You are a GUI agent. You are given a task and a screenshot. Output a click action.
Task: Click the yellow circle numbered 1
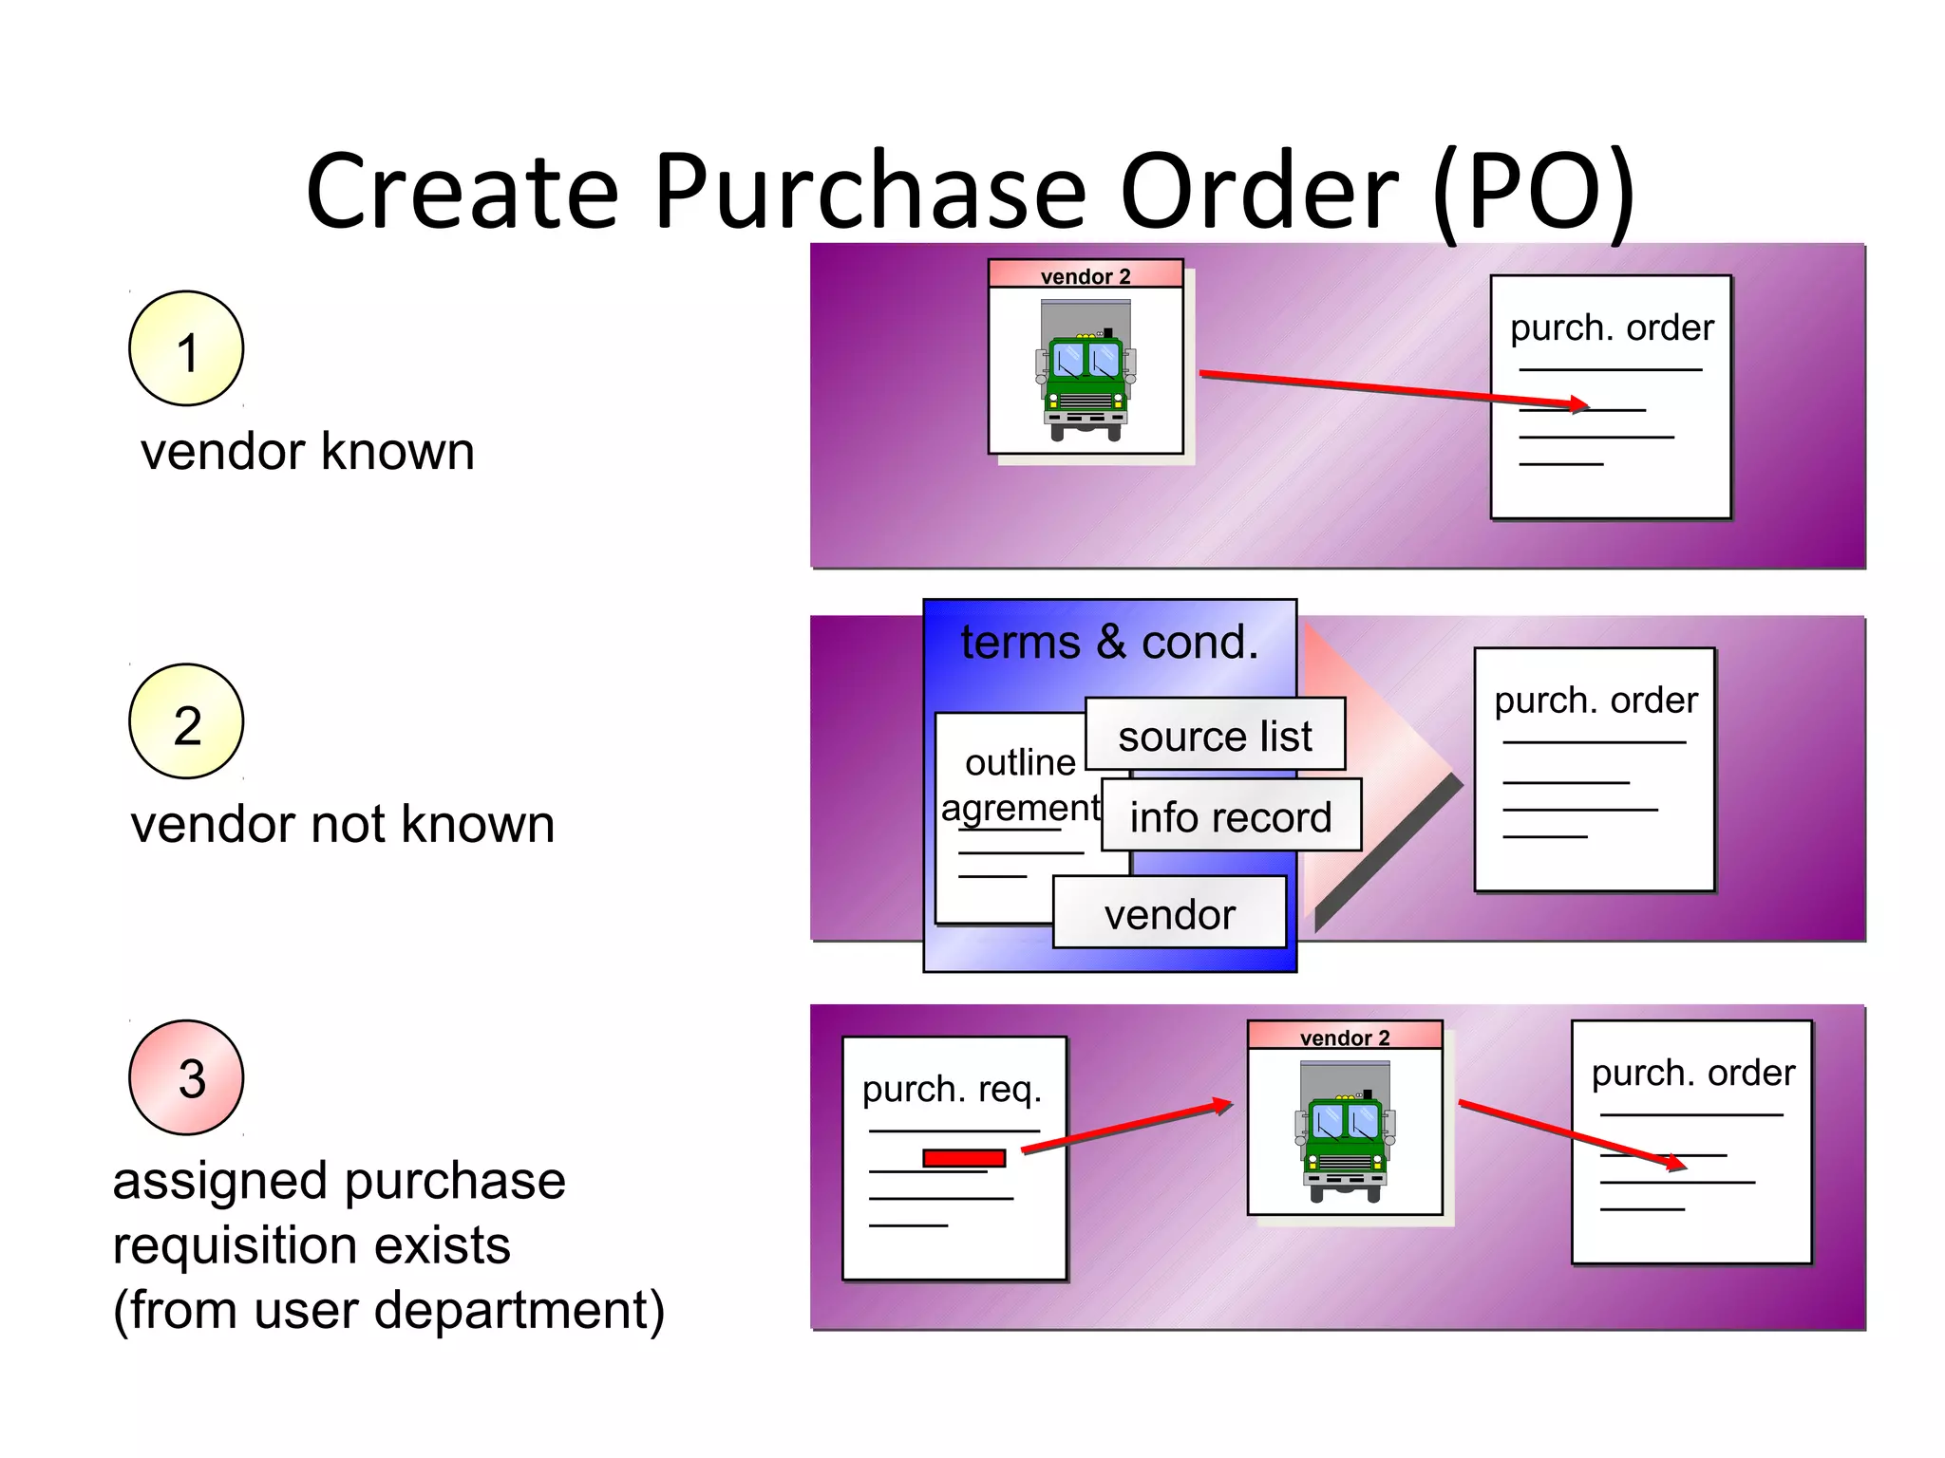point(186,348)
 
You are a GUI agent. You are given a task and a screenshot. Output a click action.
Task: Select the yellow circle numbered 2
point(186,721)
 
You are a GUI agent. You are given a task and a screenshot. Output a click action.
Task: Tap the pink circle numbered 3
point(186,1077)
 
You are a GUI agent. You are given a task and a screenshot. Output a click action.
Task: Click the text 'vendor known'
point(308,451)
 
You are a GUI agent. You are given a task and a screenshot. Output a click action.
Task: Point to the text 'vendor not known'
point(343,824)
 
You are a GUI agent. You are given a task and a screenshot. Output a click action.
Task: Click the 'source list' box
point(1215,736)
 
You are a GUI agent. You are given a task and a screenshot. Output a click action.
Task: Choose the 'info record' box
point(1231,816)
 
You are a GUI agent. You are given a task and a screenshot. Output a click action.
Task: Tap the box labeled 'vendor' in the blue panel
point(1169,914)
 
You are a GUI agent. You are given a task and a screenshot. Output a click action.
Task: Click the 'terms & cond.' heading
point(1109,643)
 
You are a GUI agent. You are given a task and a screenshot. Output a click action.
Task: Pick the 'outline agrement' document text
point(1020,785)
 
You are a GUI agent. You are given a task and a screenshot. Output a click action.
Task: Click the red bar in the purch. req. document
point(964,1158)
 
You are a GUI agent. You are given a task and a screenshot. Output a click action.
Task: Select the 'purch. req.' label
point(952,1089)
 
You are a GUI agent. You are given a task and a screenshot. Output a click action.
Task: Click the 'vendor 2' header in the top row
point(1086,276)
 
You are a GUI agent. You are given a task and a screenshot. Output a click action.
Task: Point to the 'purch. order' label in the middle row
point(1596,701)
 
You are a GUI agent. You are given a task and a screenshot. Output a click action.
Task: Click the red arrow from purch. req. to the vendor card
point(1126,1128)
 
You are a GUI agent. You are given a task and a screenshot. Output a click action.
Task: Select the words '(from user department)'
point(388,1310)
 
